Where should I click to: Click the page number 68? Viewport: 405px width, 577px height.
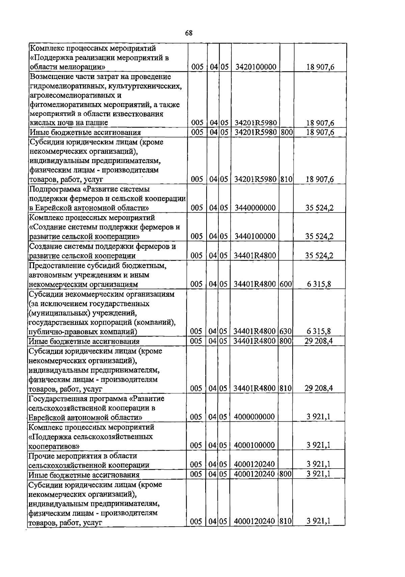click(189, 33)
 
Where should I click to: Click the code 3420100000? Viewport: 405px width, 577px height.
click(256, 67)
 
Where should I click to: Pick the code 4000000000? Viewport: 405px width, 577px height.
click(254, 417)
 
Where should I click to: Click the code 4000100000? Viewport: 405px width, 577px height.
click(254, 445)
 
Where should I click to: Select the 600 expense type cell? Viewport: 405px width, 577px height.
click(286, 284)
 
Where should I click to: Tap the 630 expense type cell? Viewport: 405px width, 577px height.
click(286, 331)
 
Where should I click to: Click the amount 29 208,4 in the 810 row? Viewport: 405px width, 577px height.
click(319, 388)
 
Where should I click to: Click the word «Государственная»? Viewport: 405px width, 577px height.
click(55, 399)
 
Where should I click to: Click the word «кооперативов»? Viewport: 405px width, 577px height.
click(54, 446)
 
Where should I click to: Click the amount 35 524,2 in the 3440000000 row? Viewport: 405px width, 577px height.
click(319, 208)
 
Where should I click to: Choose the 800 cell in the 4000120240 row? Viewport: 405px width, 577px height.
click(286, 474)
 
